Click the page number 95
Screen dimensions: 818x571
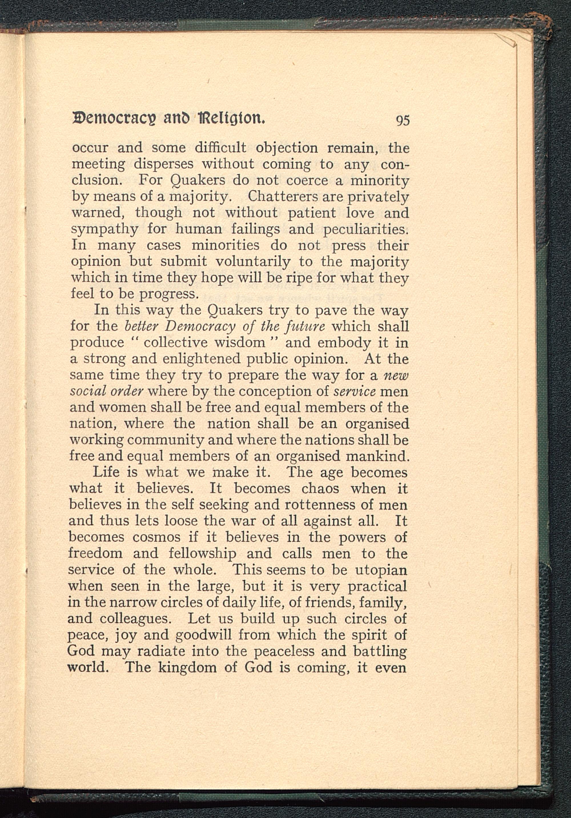402,121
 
